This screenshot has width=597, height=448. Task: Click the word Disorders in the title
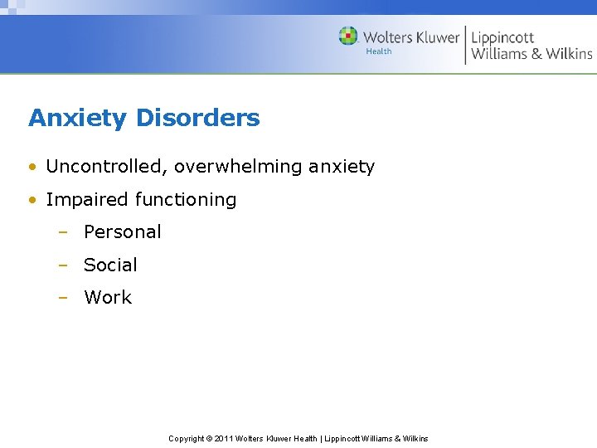(x=197, y=118)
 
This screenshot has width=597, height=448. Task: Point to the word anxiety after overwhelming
(x=342, y=167)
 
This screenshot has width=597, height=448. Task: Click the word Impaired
(x=80, y=200)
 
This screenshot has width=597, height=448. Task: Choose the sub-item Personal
(x=123, y=232)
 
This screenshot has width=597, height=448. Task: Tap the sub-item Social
(x=110, y=265)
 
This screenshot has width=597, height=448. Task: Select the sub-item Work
(x=108, y=298)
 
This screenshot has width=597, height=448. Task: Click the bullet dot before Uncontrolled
(x=32, y=167)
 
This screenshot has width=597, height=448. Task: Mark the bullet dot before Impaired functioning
(x=32, y=200)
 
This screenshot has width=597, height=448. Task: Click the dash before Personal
(x=63, y=233)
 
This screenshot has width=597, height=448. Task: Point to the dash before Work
(x=63, y=299)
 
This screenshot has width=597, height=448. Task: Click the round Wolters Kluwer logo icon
(x=348, y=36)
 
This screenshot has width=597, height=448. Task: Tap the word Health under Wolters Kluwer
(x=379, y=51)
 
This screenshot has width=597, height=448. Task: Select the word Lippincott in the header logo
(x=502, y=37)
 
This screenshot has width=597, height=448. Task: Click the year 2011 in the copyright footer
(x=224, y=439)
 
